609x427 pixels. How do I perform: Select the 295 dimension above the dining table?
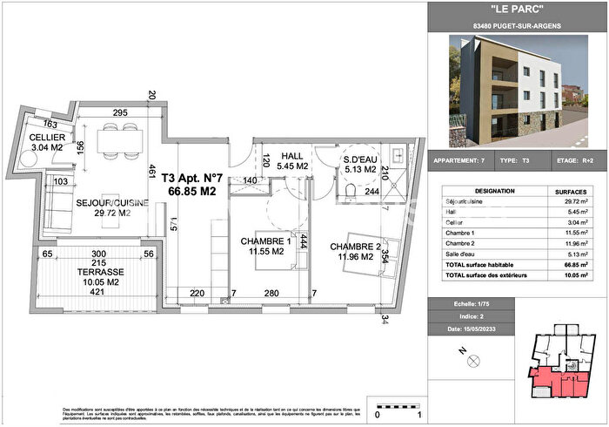tap(120, 112)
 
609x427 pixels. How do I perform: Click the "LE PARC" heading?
tap(518, 9)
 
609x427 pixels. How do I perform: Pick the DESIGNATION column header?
tap(478, 191)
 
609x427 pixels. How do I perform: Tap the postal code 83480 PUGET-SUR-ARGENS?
tap(518, 26)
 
